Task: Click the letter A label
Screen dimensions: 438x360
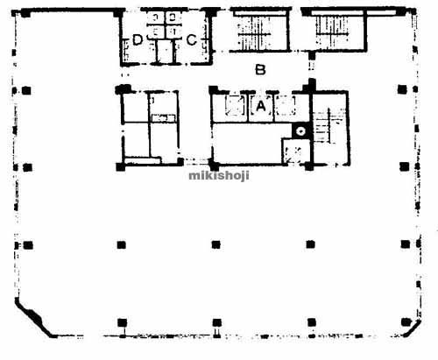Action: tap(261, 106)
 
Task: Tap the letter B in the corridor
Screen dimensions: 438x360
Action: tap(260, 70)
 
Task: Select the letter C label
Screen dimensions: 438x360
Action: tap(192, 40)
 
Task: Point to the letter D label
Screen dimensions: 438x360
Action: tap(138, 40)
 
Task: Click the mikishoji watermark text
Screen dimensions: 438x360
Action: tap(219, 175)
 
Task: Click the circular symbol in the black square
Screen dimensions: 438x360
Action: tap(300, 131)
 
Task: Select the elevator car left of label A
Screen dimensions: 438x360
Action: tap(235, 105)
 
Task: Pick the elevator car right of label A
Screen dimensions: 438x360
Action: tap(286, 105)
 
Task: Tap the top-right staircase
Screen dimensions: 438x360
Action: tap(333, 32)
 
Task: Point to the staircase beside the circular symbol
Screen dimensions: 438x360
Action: tap(328, 126)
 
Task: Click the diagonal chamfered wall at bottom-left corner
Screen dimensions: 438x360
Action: tap(34, 318)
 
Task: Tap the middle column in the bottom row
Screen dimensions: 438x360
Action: tap(216, 322)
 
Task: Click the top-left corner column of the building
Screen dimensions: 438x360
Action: tap(25, 13)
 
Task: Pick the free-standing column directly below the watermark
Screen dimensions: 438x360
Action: tap(215, 244)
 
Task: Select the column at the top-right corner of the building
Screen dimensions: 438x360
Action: tap(401, 11)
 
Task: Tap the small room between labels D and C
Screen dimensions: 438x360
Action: tap(165, 51)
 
